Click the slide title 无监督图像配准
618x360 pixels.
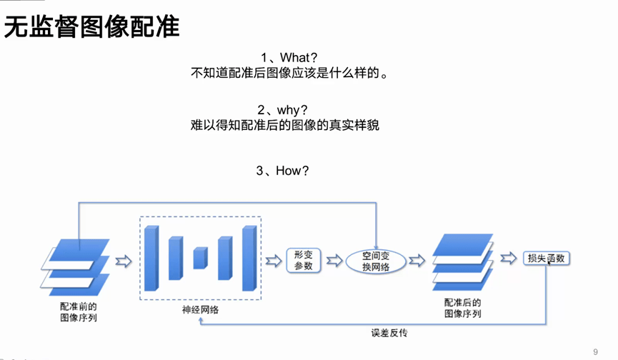(x=92, y=27)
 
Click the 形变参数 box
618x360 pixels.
(x=304, y=261)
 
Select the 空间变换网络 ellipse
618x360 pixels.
(x=376, y=261)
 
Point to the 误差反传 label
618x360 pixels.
(x=389, y=333)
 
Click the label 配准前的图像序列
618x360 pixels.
(x=78, y=311)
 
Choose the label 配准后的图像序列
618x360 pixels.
(x=463, y=308)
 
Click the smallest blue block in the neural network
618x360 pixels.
(x=200, y=258)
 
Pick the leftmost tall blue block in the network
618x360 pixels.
(x=151, y=258)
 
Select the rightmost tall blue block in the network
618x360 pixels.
(x=249, y=258)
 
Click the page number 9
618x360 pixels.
(x=596, y=351)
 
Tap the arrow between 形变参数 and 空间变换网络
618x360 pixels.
(x=334, y=261)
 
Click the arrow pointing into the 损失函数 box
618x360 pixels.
(x=509, y=259)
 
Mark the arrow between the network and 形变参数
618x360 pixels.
(x=274, y=261)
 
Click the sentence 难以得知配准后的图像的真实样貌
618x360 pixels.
(x=284, y=125)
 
